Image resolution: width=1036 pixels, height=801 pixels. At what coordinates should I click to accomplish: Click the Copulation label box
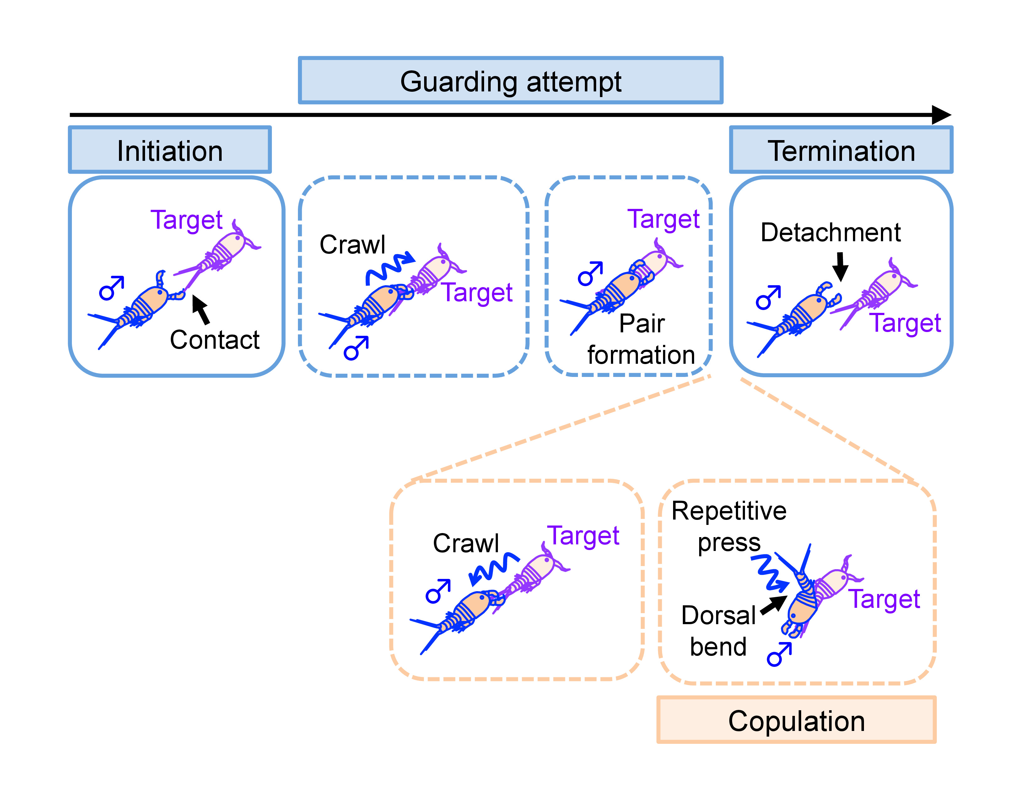click(796, 720)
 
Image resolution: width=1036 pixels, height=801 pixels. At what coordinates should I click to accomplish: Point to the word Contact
click(214, 340)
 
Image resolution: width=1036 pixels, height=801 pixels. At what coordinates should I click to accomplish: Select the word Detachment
click(831, 232)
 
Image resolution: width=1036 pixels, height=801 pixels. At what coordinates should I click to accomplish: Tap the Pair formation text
click(641, 339)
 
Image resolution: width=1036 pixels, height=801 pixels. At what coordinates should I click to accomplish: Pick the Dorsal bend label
click(718, 631)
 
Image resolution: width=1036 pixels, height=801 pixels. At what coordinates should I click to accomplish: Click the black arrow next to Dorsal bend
click(774, 605)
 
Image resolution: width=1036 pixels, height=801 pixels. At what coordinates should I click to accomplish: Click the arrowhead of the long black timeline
click(942, 115)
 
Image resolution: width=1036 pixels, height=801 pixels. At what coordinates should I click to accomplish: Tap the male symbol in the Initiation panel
click(111, 288)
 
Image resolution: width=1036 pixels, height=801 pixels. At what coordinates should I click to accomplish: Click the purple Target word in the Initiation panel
click(186, 220)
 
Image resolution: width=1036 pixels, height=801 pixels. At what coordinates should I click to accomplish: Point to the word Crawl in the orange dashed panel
click(466, 543)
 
